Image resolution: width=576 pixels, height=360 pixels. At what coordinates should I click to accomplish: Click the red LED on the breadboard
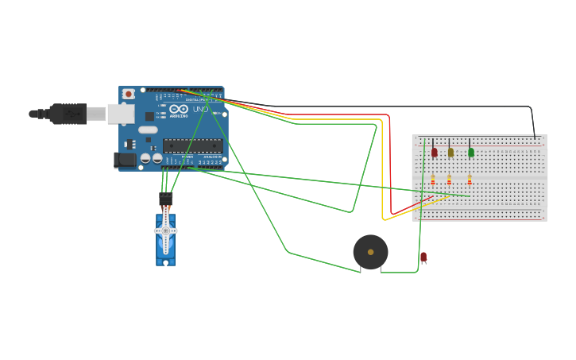click(x=434, y=152)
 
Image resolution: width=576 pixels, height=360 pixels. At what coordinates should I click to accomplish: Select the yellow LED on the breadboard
click(x=450, y=152)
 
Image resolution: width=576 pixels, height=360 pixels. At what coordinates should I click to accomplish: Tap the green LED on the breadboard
click(x=470, y=152)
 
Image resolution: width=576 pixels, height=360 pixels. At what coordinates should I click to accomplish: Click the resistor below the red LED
click(x=433, y=180)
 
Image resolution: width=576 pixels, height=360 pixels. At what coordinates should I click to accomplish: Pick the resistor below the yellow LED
click(x=449, y=180)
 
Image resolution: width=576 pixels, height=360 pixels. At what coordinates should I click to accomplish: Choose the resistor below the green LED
click(x=470, y=180)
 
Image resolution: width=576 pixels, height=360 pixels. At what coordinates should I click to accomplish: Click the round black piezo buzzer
click(x=370, y=252)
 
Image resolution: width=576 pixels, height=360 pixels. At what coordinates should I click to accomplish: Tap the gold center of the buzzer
click(x=370, y=252)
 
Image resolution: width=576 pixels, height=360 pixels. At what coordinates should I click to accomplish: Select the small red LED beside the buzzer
click(x=423, y=257)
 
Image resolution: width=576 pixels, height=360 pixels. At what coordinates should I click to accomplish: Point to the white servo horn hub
click(x=165, y=230)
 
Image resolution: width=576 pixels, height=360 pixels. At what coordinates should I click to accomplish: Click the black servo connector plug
click(x=165, y=199)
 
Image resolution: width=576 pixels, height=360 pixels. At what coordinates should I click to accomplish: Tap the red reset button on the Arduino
click(x=129, y=94)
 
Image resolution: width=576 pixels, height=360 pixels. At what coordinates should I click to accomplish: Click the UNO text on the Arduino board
click(x=200, y=109)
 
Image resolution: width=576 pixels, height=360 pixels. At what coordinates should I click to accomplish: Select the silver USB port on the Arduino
click(x=122, y=114)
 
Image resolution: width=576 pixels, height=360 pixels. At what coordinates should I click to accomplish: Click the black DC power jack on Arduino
click(x=125, y=160)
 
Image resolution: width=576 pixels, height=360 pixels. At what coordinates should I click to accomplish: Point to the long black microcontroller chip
click(x=192, y=145)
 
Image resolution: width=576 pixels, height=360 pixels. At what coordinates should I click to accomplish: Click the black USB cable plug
click(x=68, y=114)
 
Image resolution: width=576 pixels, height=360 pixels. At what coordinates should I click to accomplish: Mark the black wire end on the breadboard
click(x=535, y=138)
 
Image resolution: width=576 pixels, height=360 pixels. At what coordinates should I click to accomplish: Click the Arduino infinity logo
click(x=179, y=109)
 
